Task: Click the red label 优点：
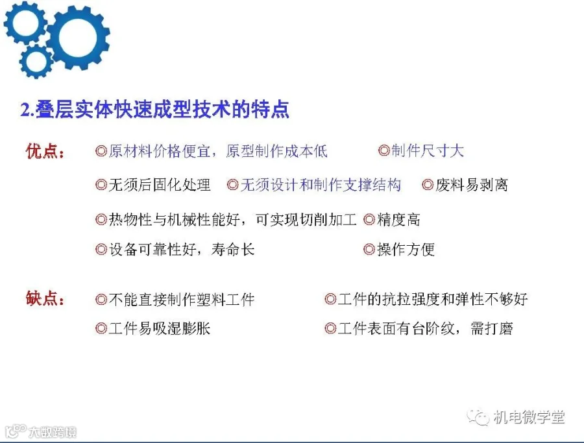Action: coord(45,152)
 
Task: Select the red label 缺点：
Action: coord(45,298)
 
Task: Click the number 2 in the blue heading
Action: coord(25,110)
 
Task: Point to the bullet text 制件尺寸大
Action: coord(428,150)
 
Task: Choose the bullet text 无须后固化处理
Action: coord(160,185)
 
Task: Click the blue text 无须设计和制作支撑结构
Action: coord(321,185)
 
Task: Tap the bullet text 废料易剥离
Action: coord(472,185)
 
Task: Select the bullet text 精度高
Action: coord(398,220)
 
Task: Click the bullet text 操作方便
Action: coord(406,250)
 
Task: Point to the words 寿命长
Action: coord(233,250)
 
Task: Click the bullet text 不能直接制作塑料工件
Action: coord(182,299)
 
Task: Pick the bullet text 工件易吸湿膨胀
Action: coord(160,328)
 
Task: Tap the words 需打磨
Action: coord(492,328)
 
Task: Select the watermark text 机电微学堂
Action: coord(529,417)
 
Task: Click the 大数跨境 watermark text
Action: coord(53,432)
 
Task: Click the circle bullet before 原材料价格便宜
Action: coord(101,151)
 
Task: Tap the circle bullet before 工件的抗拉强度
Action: coord(330,299)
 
